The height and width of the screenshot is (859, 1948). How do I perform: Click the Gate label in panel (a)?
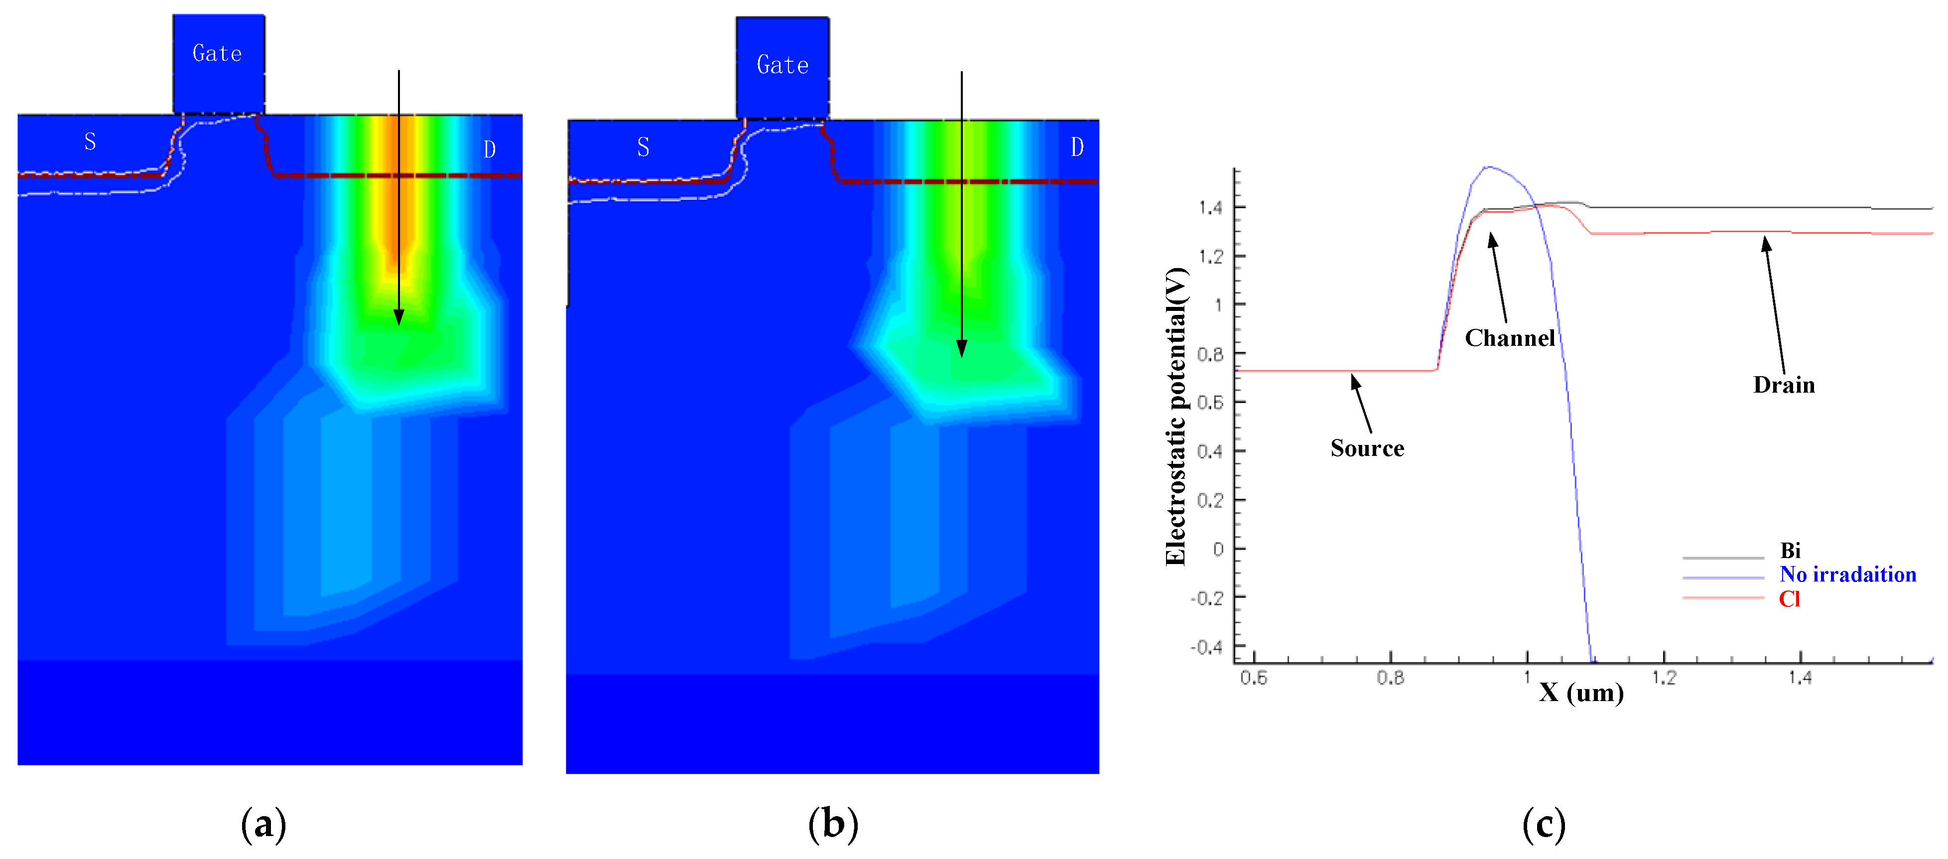click(217, 54)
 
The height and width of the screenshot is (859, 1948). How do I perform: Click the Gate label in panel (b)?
click(782, 65)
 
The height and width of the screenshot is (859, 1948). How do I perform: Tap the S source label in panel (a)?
click(90, 142)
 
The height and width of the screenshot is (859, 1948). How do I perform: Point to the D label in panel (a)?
click(489, 149)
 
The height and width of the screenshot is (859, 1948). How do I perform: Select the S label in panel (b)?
click(643, 146)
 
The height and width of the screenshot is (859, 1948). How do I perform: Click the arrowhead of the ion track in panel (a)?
click(398, 317)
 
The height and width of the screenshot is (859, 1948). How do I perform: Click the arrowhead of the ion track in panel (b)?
click(961, 349)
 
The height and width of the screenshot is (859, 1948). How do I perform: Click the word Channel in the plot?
click(1509, 338)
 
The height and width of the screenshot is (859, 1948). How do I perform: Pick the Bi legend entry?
click(1790, 551)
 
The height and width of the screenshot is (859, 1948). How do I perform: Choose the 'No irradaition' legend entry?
click(1847, 574)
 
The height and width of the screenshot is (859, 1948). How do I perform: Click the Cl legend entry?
click(1789, 599)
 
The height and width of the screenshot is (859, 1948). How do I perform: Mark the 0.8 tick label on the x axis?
click(1390, 678)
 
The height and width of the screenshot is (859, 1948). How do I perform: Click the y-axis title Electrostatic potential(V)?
click(1176, 416)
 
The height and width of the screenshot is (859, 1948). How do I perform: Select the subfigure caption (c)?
click(1544, 824)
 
